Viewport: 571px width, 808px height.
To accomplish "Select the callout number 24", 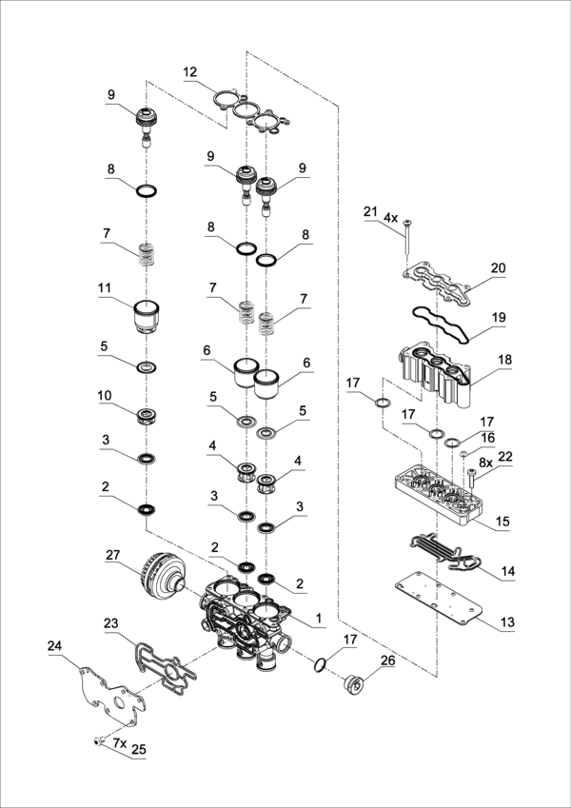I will [x=54, y=646].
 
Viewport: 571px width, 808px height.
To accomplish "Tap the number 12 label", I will [x=190, y=72].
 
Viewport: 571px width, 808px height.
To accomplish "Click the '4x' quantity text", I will [x=390, y=217].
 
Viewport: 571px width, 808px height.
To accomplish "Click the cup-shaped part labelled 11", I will [x=147, y=318].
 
